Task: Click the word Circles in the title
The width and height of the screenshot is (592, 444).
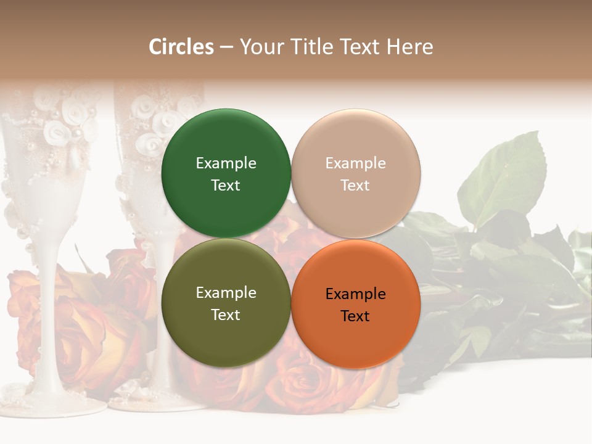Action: click(181, 47)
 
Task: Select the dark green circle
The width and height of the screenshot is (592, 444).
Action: click(226, 173)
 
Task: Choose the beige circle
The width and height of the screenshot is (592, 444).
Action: click(356, 173)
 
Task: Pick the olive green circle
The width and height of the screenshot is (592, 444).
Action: click(226, 303)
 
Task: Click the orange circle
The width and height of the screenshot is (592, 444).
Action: click(356, 304)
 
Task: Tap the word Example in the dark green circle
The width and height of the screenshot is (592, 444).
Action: click(226, 163)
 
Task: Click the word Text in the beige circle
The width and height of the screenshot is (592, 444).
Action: click(355, 185)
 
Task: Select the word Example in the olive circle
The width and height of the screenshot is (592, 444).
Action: click(226, 292)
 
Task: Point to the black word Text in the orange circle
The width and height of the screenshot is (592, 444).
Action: click(355, 316)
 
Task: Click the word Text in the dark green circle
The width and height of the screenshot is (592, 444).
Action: click(226, 185)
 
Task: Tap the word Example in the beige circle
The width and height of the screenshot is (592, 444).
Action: click(356, 163)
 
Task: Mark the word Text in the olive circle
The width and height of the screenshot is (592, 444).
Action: click(226, 314)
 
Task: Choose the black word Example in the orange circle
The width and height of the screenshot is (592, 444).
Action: click(356, 294)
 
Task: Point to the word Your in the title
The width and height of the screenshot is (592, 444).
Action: click(259, 47)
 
